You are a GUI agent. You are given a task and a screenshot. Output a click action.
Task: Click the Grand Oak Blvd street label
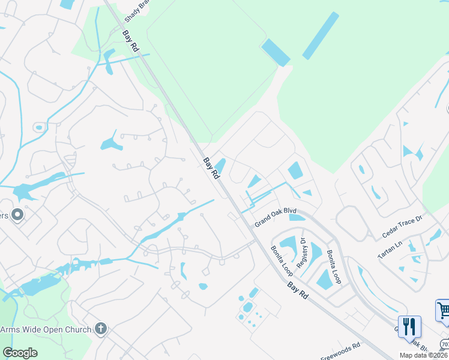click(276, 217)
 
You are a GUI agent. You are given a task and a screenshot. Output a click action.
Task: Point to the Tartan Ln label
click(390, 248)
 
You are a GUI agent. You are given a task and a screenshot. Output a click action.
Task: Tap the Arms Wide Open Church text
click(46, 329)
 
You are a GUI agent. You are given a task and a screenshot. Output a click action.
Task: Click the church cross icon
click(101, 329)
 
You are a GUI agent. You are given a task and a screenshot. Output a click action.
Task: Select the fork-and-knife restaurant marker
click(409, 326)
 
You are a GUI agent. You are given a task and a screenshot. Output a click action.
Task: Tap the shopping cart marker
click(444, 311)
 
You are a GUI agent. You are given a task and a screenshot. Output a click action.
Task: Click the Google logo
click(20, 353)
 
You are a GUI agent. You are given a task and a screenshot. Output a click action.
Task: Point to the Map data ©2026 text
click(424, 355)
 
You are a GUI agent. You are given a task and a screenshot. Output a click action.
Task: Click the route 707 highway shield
click(444, 344)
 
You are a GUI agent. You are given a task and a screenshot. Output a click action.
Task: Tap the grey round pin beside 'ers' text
click(17, 214)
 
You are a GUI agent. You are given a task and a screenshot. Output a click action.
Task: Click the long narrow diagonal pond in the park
click(321, 35)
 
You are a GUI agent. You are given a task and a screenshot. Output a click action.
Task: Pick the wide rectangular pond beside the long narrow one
click(276, 52)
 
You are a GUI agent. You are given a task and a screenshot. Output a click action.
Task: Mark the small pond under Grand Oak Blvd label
click(297, 217)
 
